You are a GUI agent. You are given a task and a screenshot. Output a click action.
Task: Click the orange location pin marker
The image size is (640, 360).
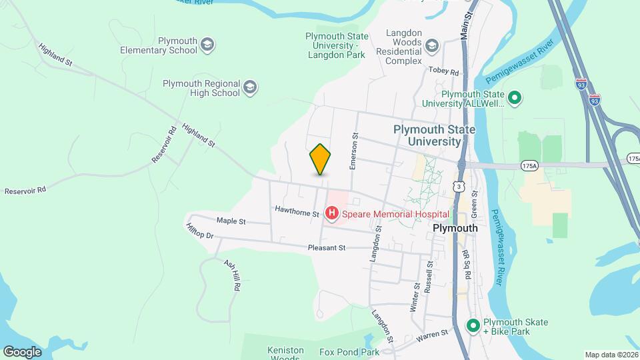point(320,159)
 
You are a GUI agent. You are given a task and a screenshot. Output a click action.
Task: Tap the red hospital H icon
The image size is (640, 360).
point(331,213)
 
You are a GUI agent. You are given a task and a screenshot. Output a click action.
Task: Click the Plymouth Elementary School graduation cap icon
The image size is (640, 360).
point(207,45)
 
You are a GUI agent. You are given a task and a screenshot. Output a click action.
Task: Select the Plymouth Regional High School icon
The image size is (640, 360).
point(250,87)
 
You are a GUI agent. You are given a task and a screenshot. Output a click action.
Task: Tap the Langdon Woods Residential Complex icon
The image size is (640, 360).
point(431,45)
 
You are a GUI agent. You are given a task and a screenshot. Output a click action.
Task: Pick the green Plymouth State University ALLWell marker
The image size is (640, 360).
point(514,98)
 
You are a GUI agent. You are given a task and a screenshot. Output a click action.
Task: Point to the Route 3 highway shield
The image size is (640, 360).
point(458,188)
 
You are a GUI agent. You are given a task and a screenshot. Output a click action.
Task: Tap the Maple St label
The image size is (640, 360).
point(231,221)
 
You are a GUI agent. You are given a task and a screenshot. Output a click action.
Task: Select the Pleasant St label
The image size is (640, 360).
point(326,247)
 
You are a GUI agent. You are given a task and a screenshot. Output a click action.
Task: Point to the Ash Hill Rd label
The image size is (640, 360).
point(232,275)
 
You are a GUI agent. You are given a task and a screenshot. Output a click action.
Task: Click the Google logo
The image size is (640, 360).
point(21,351)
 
